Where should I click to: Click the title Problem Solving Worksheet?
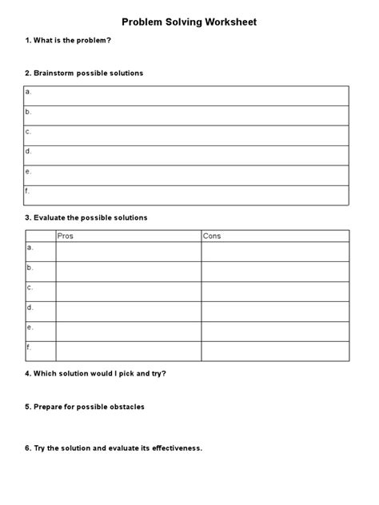click(x=189, y=22)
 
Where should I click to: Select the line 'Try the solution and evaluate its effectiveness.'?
click(x=114, y=448)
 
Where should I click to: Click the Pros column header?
click(x=66, y=236)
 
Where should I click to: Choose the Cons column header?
click(x=212, y=236)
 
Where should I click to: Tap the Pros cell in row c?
click(x=128, y=292)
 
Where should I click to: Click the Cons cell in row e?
click(x=274, y=332)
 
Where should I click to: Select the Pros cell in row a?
click(x=128, y=252)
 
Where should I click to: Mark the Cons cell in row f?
click(x=274, y=352)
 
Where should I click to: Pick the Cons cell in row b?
click(x=274, y=272)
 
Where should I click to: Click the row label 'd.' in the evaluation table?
click(x=30, y=307)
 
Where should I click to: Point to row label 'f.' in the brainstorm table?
click(x=29, y=191)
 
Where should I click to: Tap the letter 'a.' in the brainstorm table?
click(x=29, y=92)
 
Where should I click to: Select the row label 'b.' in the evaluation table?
click(x=30, y=267)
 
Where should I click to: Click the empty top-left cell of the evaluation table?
click(x=40, y=236)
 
